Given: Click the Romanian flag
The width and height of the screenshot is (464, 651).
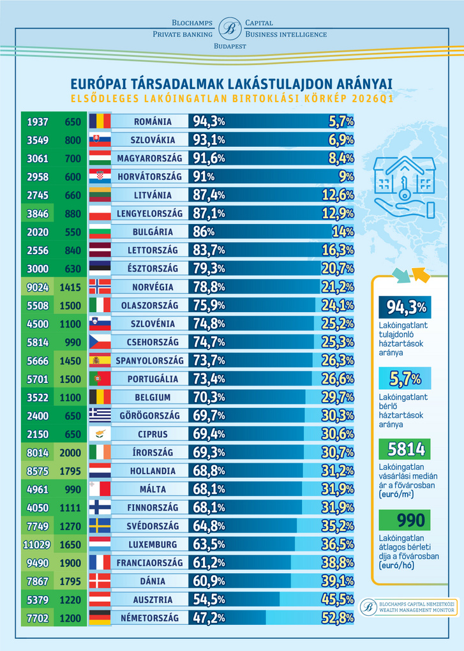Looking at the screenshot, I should (100, 121).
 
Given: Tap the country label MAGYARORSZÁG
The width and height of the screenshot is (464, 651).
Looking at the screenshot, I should (150, 158).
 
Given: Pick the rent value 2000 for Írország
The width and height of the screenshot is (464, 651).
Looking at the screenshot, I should (70, 453).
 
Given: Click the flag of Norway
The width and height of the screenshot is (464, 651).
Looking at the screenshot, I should (100, 287).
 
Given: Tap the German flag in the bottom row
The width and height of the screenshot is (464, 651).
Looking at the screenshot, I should (100, 618).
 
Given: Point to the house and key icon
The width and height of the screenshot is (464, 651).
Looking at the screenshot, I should (405, 185).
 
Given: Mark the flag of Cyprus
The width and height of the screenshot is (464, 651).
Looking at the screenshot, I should (100, 434).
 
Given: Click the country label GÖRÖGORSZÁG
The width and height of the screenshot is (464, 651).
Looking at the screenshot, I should (150, 415).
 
